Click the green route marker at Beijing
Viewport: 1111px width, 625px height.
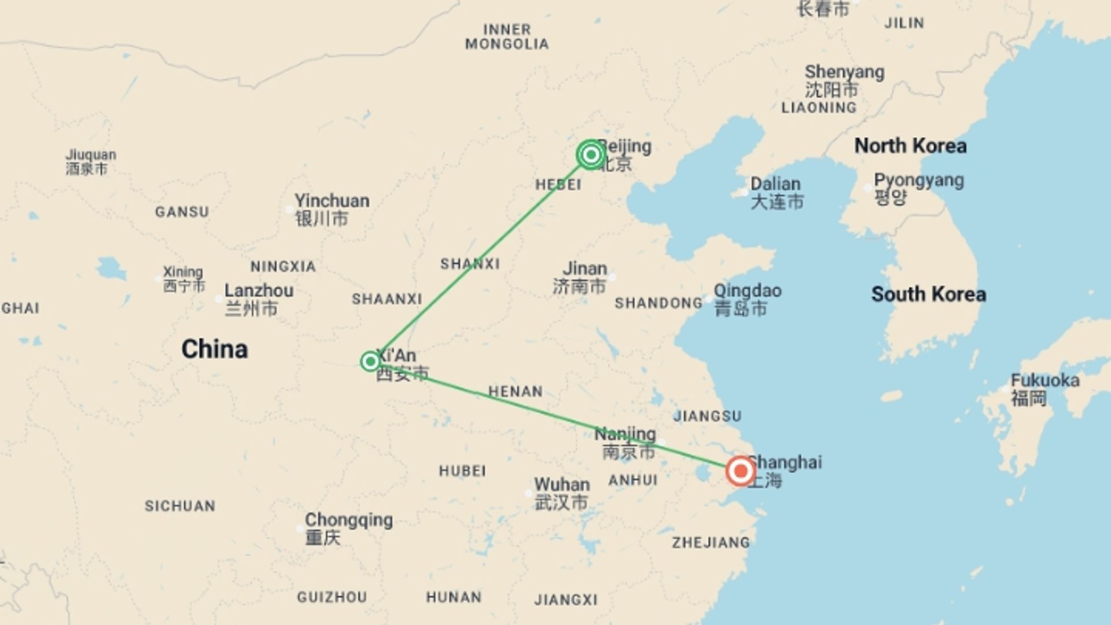(x=591, y=155)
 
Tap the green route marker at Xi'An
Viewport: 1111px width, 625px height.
(x=370, y=362)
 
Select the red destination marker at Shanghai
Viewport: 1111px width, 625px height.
(x=740, y=471)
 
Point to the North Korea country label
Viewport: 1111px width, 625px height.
(x=910, y=146)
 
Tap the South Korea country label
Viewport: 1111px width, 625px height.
(x=928, y=294)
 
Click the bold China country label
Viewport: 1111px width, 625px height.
(x=215, y=349)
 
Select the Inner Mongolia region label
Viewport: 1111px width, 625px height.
(x=507, y=36)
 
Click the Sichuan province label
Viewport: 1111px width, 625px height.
(x=180, y=506)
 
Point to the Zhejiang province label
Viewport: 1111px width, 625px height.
(x=711, y=542)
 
